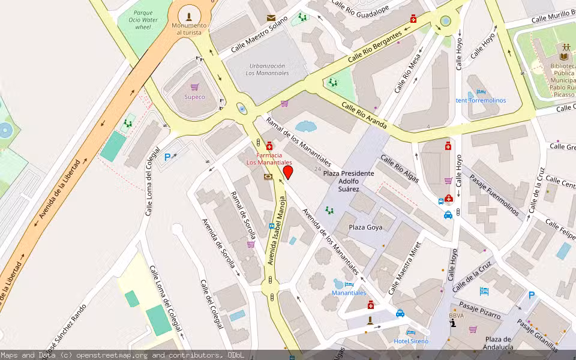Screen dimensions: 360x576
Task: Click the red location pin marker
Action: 287,173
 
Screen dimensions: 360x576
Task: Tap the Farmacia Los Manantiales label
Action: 269,158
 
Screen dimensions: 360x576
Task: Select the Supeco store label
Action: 194,97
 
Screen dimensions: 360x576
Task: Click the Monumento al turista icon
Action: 190,16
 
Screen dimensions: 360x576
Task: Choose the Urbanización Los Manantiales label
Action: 267,69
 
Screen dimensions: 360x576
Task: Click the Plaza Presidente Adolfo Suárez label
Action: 348,181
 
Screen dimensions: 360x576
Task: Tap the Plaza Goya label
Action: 365,227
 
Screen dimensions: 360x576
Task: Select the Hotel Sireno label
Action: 411,341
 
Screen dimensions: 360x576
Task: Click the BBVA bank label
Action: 456,315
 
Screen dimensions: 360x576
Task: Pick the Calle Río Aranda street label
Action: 364,114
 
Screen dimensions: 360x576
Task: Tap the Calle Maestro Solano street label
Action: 259,37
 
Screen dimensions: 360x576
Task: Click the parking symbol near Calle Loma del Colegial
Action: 167,157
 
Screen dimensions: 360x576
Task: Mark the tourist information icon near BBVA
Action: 453,324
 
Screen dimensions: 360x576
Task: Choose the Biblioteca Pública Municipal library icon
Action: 564,47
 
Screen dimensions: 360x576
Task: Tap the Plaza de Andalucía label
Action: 499,343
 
